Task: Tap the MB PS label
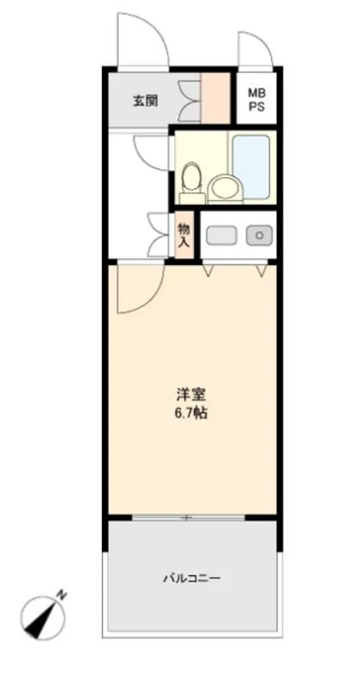coord(256,99)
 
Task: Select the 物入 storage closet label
coord(183,235)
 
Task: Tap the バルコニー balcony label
coord(192,578)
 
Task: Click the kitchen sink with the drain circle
coord(259,235)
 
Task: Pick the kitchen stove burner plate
coord(221,235)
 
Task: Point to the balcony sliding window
coord(188,518)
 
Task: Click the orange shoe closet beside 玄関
coord(215,98)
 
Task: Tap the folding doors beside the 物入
coord(158,235)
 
